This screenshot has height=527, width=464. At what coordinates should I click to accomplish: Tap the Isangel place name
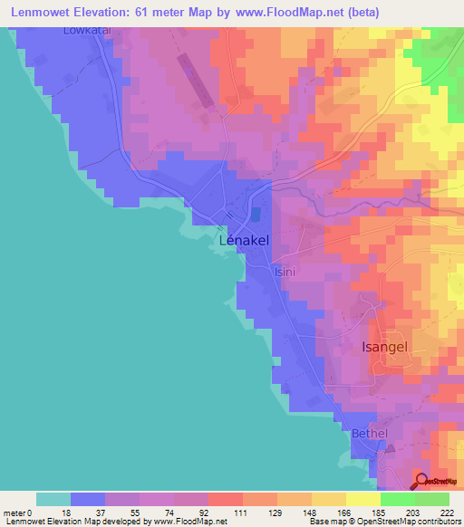400,347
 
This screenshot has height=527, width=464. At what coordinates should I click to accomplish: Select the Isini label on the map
285,271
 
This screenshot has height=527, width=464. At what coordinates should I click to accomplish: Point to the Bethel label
369,434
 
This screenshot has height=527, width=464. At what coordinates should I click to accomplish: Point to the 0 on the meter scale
29,513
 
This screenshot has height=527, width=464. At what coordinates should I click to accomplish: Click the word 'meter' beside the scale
13,513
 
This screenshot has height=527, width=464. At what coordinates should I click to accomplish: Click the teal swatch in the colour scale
53,499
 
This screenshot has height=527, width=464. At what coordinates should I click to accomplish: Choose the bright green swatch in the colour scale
397,499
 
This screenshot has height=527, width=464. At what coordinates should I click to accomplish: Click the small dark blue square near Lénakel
255,214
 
